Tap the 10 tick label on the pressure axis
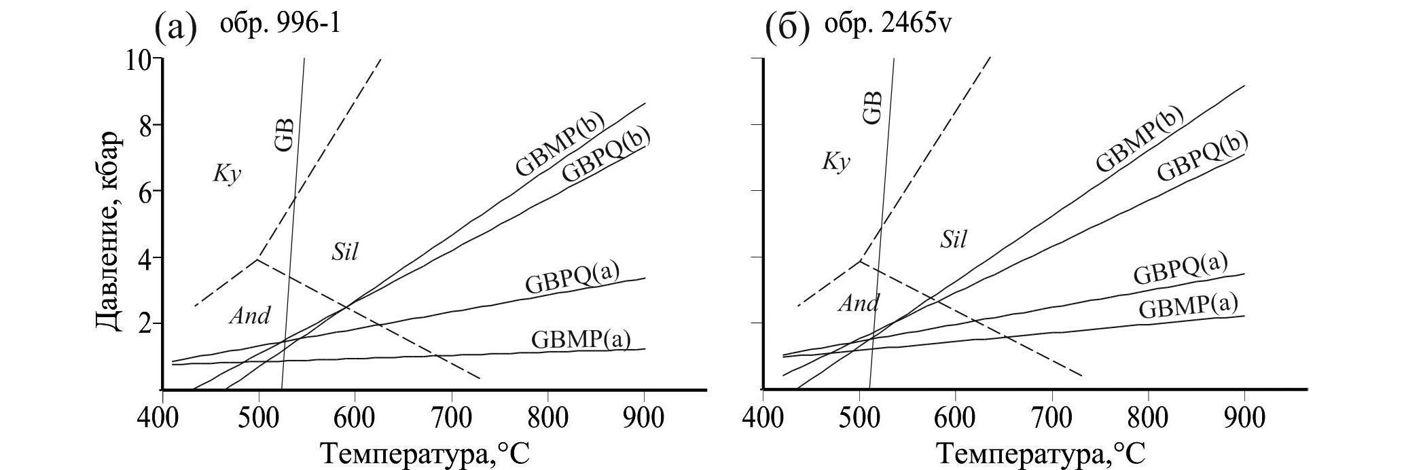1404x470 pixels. pyautogui.click(x=139, y=60)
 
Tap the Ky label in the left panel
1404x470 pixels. pyautogui.click(x=228, y=175)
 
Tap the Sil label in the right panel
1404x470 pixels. pyautogui.click(x=953, y=239)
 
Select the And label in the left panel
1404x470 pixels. pyautogui.click(x=249, y=315)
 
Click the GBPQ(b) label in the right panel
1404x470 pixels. pyautogui.click(x=1203, y=156)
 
